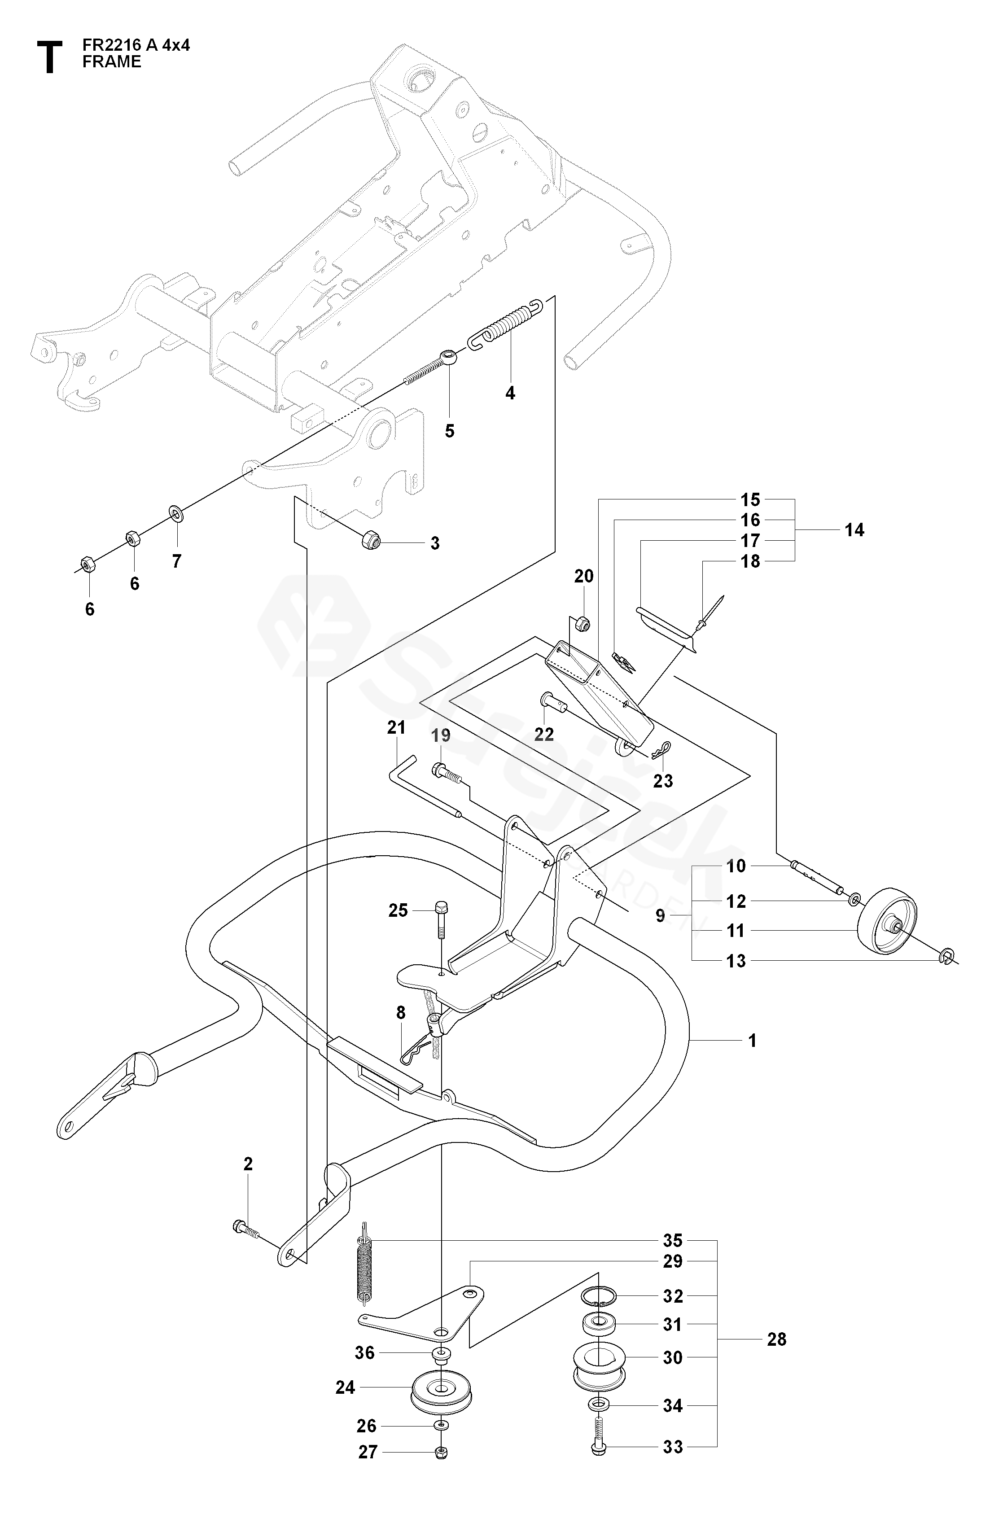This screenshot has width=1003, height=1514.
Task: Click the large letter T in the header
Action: point(49,57)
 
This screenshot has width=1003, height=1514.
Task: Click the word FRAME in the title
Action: point(111,62)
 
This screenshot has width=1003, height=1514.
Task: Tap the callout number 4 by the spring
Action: point(510,393)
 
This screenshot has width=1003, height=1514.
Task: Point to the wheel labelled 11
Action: point(887,921)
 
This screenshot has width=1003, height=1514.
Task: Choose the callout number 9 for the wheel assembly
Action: point(660,915)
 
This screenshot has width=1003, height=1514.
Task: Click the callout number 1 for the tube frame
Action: point(752,1041)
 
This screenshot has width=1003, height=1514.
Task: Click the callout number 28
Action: point(776,1339)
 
